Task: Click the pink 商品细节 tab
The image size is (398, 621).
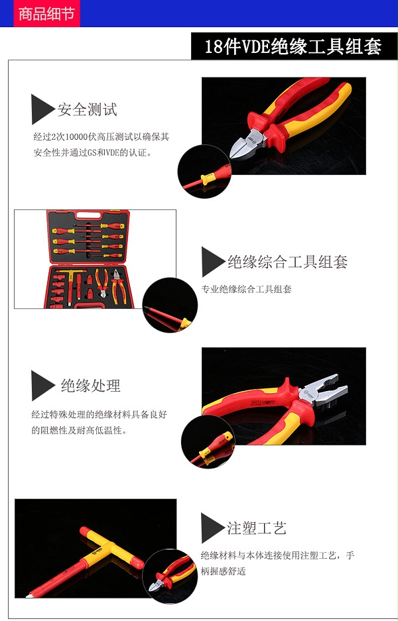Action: tap(47, 13)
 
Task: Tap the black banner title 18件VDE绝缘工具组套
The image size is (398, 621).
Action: tap(293, 46)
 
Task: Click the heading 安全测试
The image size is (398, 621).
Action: tap(87, 110)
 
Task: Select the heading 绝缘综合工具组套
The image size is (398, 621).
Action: tap(287, 262)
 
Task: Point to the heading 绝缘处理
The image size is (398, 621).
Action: tap(90, 385)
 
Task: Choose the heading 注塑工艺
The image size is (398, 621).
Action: tap(257, 528)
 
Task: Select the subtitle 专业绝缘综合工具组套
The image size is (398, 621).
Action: tap(246, 289)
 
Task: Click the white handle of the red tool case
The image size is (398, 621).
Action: tap(88, 215)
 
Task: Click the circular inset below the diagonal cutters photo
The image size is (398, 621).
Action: tap(204, 172)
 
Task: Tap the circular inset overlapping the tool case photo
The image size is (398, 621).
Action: tap(170, 305)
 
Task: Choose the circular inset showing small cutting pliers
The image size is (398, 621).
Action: tap(170, 576)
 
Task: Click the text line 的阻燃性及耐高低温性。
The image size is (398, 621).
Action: tap(80, 430)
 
